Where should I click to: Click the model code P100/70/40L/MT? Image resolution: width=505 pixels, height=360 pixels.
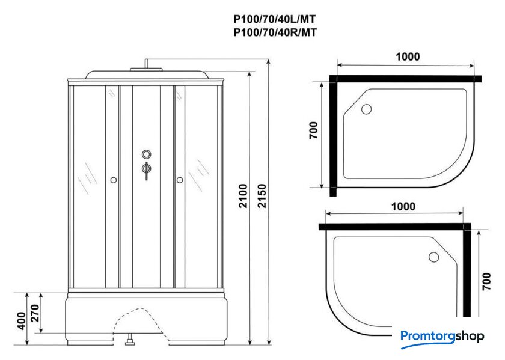(x=274, y=19)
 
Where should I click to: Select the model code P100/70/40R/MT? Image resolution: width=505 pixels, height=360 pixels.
(x=275, y=32)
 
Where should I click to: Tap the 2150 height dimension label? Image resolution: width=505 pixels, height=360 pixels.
(x=263, y=196)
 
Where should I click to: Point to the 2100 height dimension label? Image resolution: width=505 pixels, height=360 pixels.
(x=243, y=196)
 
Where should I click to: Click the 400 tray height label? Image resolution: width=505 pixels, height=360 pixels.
(x=21, y=321)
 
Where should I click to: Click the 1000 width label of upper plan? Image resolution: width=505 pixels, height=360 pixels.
(x=408, y=56)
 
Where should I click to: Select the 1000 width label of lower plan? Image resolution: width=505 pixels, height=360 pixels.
(x=403, y=206)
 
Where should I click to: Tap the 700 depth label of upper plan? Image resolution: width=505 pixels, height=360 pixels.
(x=313, y=130)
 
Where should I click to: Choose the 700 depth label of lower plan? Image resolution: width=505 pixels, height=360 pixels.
(x=486, y=281)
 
